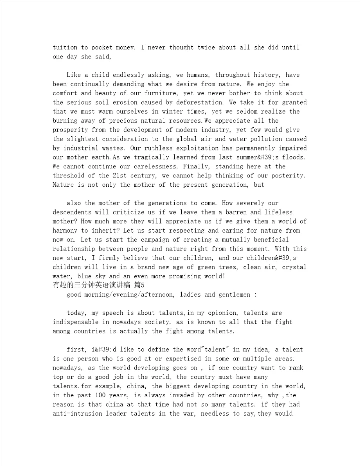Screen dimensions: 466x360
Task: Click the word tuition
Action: [x=65, y=48]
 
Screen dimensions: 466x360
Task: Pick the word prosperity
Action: [x=72, y=130]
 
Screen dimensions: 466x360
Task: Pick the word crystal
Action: [x=295, y=267]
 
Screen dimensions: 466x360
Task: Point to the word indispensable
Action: [x=76, y=322]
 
